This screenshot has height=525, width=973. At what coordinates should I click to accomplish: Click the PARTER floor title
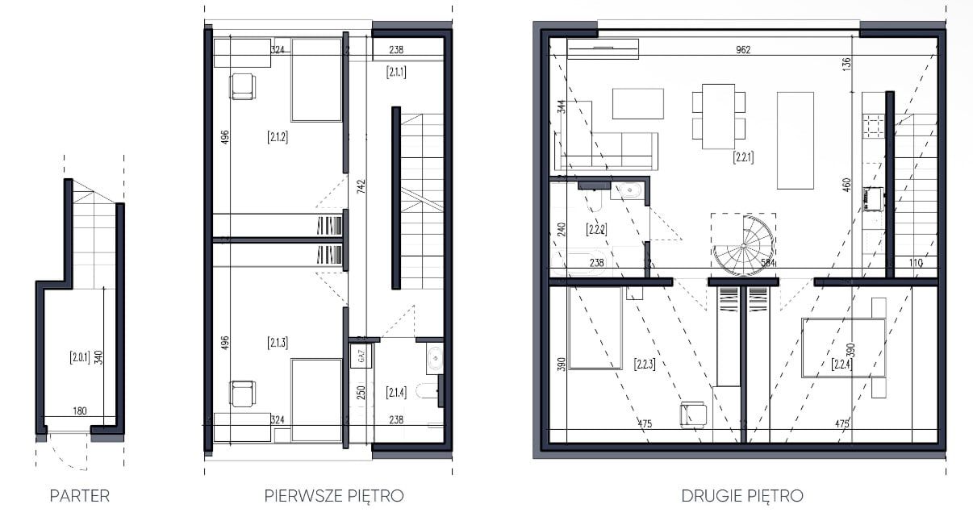click(80, 496)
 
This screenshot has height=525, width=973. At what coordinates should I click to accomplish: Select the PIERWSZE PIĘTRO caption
click(334, 496)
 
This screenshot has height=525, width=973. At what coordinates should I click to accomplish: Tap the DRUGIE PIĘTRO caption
click(742, 496)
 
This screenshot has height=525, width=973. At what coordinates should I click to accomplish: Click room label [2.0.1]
click(80, 357)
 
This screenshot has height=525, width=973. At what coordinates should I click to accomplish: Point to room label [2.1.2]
click(278, 137)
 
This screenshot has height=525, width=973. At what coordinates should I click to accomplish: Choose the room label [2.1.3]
click(278, 343)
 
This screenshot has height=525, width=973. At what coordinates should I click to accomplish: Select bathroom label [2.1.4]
click(396, 393)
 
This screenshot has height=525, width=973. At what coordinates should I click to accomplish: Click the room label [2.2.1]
click(743, 156)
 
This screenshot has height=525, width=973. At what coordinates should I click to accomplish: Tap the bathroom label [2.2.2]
click(596, 229)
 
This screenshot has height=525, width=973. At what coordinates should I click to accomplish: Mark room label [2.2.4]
click(841, 364)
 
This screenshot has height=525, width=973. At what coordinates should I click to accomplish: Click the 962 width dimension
click(743, 50)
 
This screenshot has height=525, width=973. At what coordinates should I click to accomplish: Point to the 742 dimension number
click(361, 186)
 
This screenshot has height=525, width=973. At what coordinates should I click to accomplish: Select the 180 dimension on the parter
click(80, 410)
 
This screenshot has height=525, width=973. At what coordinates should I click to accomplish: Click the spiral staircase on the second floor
click(744, 245)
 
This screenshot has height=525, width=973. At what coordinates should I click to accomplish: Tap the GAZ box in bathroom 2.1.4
click(361, 356)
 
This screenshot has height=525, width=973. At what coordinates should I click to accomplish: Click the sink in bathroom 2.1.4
click(435, 358)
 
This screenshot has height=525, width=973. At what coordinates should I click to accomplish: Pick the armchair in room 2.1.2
click(242, 86)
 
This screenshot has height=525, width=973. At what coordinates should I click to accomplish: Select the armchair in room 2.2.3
click(693, 415)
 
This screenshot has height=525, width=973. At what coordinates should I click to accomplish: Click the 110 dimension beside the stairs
click(915, 263)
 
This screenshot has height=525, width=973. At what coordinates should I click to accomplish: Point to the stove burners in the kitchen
click(874, 126)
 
